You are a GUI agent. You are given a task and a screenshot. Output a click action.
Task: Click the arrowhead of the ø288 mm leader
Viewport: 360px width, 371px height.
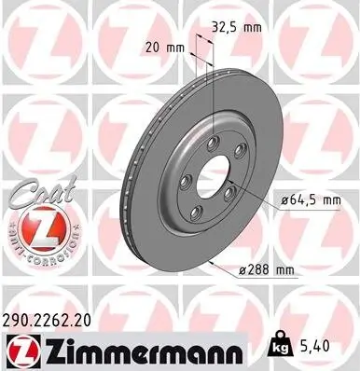(215, 262)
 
